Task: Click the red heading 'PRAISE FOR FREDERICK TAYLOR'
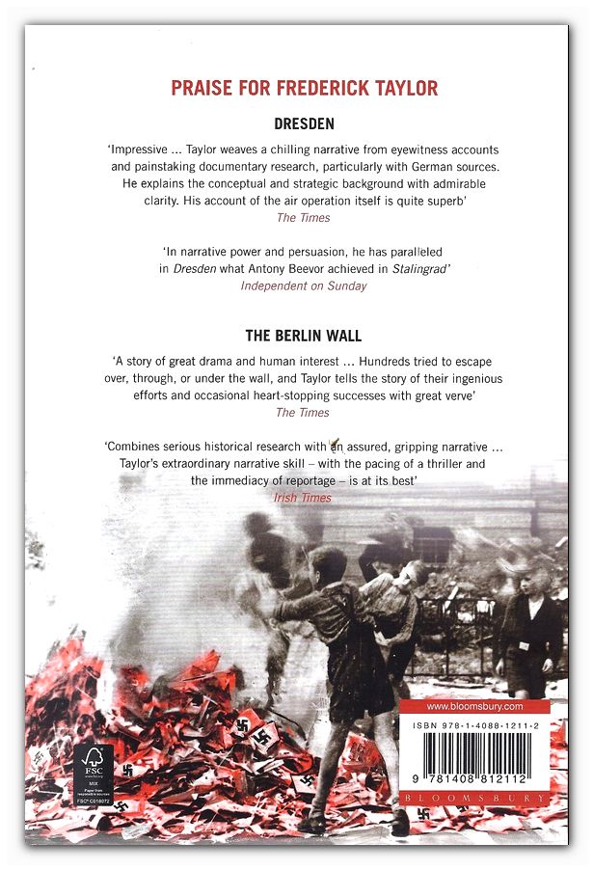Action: pyautogui.click(x=304, y=89)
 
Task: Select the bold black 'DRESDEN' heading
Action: pyautogui.click(x=304, y=124)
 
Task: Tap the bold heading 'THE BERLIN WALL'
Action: pyautogui.click(x=304, y=337)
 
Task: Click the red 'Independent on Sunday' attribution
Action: pyautogui.click(x=304, y=285)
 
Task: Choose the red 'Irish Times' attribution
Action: pyautogui.click(x=303, y=498)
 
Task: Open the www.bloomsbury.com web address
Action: pyautogui.click(x=473, y=706)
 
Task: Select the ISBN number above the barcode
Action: pyautogui.click(x=473, y=725)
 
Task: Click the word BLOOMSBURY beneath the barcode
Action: pyautogui.click(x=473, y=799)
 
